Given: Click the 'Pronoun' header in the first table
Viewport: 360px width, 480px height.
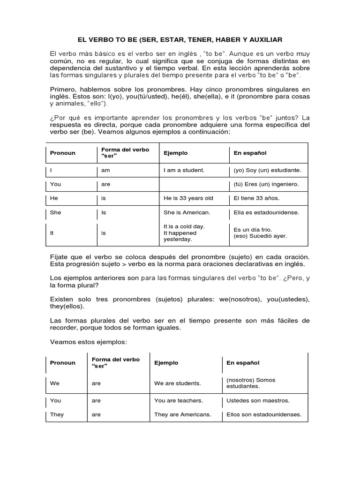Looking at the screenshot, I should tap(62, 153).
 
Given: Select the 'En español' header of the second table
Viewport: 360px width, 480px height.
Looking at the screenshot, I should tap(243, 363).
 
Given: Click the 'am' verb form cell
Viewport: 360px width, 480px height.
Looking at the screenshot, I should tap(105, 170).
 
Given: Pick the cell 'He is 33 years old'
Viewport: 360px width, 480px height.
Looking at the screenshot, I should tap(188, 198).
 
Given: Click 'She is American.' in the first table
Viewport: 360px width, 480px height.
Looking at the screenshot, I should tap(187, 212).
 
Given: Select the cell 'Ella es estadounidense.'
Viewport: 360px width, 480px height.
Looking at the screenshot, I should tap(266, 212).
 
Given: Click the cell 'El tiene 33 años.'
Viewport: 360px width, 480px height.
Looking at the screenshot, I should tap(256, 198).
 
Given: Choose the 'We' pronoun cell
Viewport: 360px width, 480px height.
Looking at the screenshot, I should tap(55, 383).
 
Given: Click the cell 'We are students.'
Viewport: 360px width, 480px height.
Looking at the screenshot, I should tap(177, 383).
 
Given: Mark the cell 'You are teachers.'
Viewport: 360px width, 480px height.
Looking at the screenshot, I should tap(178, 401).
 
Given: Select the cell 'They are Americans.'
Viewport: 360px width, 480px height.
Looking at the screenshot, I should tap(182, 414).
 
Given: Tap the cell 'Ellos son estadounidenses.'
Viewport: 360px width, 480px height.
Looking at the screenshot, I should tap(263, 414).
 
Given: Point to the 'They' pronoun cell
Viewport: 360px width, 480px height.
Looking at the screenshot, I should tap(57, 414).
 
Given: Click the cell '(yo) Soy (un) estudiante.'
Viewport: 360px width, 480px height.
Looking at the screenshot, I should tap(267, 170).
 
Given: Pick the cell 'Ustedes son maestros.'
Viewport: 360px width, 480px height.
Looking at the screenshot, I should tap(257, 401).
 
